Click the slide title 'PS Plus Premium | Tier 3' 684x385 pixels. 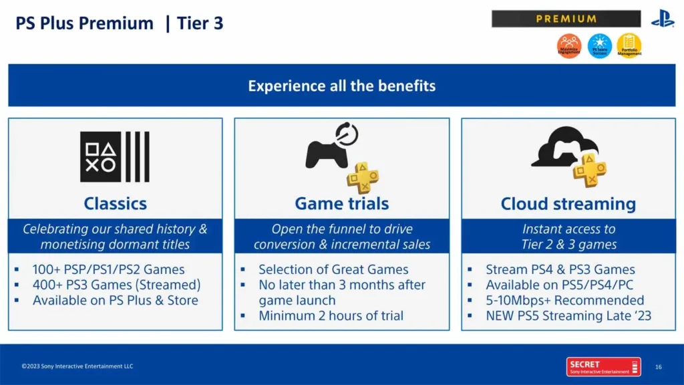(x=119, y=23)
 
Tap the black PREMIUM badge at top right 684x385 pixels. (x=566, y=19)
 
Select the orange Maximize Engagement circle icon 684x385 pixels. (x=569, y=46)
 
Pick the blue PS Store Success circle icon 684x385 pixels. (x=599, y=46)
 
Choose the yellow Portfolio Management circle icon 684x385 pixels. (x=629, y=46)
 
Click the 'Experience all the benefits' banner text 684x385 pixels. (x=341, y=86)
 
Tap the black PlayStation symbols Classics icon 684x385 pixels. (x=114, y=156)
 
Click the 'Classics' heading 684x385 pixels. (x=115, y=203)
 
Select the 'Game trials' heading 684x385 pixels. (x=341, y=203)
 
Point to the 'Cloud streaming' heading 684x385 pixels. (x=568, y=203)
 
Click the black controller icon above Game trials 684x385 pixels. (x=327, y=152)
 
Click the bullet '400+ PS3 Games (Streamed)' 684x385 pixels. (x=116, y=285)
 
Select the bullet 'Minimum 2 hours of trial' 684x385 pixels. (x=331, y=315)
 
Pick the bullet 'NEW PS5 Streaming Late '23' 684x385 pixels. (x=568, y=315)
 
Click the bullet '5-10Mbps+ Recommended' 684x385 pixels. (x=564, y=300)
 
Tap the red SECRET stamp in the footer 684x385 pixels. (x=598, y=366)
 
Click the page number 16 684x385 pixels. (x=658, y=366)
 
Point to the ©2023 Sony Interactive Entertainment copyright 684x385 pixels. (x=77, y=366)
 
